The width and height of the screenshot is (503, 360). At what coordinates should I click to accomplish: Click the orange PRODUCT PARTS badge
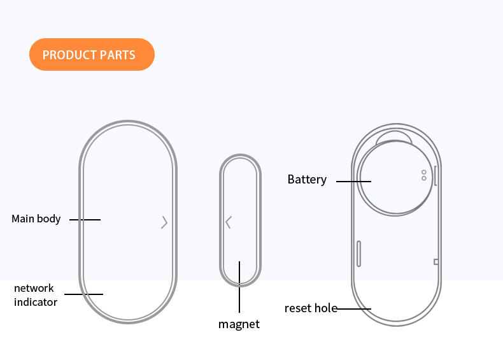pyautogui.click(x=92, y=54)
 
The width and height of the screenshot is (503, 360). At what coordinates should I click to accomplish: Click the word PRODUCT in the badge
pyautogui.click(x=69, y=55)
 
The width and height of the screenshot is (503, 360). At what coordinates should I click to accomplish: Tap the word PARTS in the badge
pyautogui.click(x=117, y=55)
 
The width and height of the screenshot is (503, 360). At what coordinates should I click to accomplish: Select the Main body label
pyautogui.click(x=36, y=219)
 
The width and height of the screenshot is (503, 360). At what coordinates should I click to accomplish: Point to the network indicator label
pyautogui.click(x=35, y=295)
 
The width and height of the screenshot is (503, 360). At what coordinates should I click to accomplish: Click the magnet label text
pyautogui.click(x=239, y=324)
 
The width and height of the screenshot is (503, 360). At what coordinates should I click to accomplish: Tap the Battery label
pyautogui.click(x=307, y=179)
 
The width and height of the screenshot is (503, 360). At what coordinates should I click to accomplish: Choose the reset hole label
pyautogui.click(x=311, y=308)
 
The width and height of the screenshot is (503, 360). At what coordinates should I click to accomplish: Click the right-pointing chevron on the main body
pyautogui.click(x=164, y=222)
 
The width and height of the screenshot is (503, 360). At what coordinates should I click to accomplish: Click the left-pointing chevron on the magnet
pyautogui.click(x=229, y=222)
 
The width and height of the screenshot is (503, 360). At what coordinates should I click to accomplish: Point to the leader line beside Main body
pyautogui.click(x=85, y=220)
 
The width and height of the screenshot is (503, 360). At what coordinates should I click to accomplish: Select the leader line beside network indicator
pyautogui.click(x=83, y=294)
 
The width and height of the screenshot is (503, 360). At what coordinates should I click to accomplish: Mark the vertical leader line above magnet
pyautogui.click(x=239, y=287)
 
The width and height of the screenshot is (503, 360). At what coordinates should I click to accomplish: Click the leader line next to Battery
pyautogui.click(x=353, y=182)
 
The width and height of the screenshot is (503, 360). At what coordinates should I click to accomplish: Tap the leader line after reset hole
pyautogui.click(x=353, y=309)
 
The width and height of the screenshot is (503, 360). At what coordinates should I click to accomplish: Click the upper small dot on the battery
pyautogui.click(x=424, y=173)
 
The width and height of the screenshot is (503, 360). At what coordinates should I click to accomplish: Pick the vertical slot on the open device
pyautogui.click(x=358, y=254)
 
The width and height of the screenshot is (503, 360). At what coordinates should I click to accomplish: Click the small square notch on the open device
pyautogui.click(x=436, y=262)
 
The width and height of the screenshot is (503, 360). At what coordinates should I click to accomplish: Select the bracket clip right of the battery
pyautogui.click(x=436, y=176)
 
